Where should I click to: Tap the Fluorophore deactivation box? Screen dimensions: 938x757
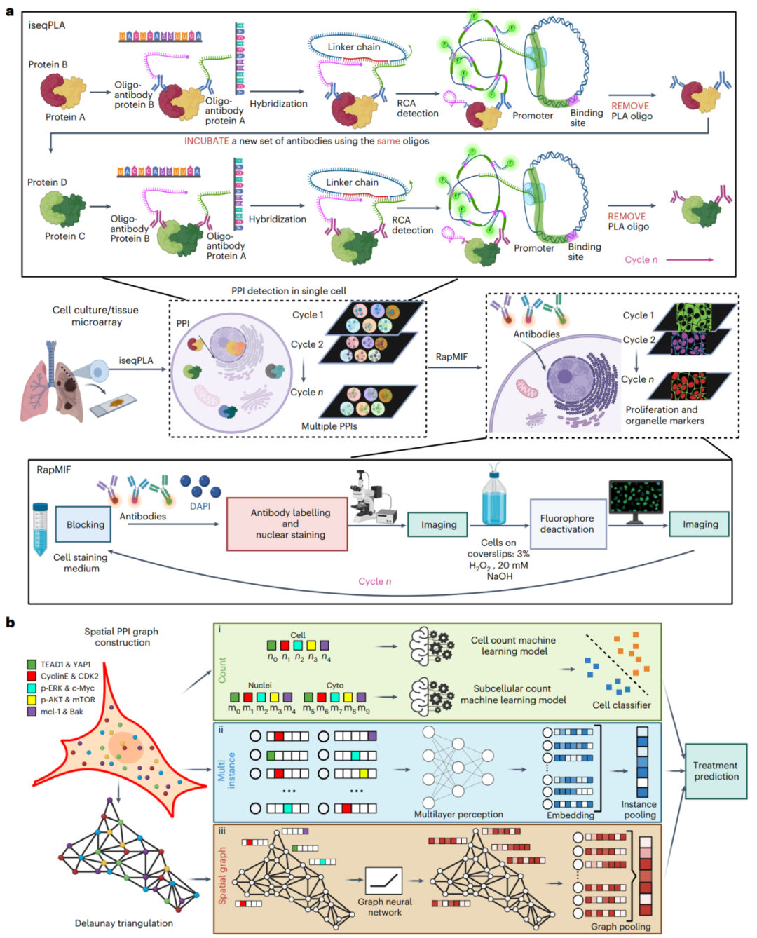pyautogui.click(x=566, y=524)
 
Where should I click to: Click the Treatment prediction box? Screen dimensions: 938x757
pyautogui.click(x=716, y=771)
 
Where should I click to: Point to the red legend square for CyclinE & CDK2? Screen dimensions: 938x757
pyautogui.click(x=32, y=676)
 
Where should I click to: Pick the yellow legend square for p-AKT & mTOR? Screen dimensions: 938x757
pyautogui.click(x=32, y=700)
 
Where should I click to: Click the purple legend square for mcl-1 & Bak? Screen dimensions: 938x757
pyautogui.click(x=32, y=712)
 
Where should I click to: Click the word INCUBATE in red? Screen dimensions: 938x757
pyautogui.click(x=206, y=141)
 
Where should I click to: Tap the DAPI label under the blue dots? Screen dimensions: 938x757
pyautogui.click(x=200, y=506)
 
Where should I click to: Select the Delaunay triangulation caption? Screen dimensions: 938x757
pyautogui.click(x=124, y=923)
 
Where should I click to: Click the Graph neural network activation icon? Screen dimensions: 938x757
pyautogui.click(x=384, y=881)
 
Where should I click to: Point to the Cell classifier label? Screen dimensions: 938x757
pyautogui.click(x=622, y=705)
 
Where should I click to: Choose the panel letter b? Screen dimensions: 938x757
pyautogui.click(x=10, y=623)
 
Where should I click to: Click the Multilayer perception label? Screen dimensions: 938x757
pyautogui.click(x=458, y=815)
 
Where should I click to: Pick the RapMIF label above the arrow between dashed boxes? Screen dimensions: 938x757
pyautogui.click(x=451, y=357)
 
